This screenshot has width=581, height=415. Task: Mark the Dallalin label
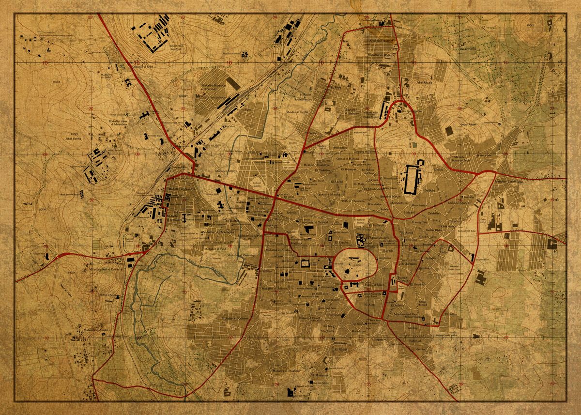click(429, 190)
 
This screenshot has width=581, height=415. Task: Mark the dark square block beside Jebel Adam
click(449, 131)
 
